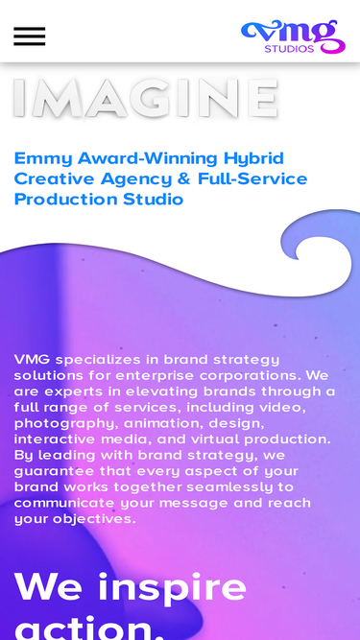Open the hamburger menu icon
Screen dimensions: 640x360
(x=29, y=36)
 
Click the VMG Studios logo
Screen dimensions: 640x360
(x=293, y=35)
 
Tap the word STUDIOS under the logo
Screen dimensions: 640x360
(x=289, y=49)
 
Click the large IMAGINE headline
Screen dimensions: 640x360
(x=145, y=98)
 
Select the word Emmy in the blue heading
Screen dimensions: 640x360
(x=36, y=158)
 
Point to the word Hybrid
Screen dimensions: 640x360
(x=253, y=158)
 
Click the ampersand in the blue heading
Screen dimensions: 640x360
(x=182, y=179)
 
